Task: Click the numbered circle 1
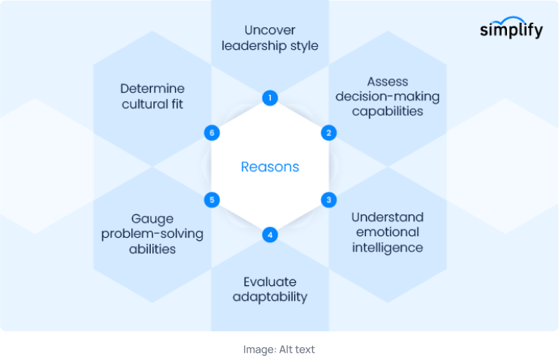[270, 97]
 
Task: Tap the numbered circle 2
[328, 133]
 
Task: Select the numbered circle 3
[328, 200]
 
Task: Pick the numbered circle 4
[270, 235]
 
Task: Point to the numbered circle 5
[212, 200]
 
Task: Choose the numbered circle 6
[212, 133]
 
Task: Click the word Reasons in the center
[270, 167]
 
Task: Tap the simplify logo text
[511, 31]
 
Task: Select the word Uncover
[269, 30]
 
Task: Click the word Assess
[387, 81]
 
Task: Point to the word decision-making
[388, 96]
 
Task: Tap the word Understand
[387, 217]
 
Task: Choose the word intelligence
[387, 248]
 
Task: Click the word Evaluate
[269, 282]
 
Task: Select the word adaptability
[269, 297]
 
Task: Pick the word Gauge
[152, 218]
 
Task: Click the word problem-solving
[152, 233]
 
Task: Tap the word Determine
[152, 88]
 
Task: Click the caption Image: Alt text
[279, 349]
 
